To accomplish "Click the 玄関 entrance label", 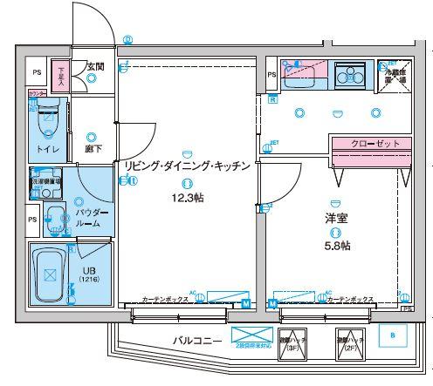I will (x=94, y=65).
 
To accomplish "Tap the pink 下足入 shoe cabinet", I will (x=60, y=72).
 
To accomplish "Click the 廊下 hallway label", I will (x=93, y=149).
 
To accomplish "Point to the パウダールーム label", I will (x=92, y=218).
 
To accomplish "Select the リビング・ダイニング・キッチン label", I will (x=188, y=165).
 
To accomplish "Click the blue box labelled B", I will (x=392, y=335).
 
